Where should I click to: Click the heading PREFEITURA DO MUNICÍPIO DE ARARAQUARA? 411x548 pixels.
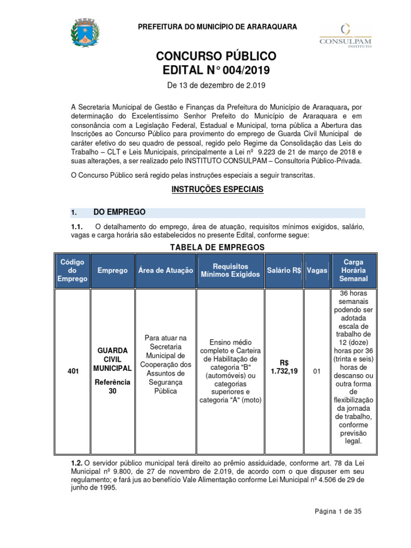coord(217,27)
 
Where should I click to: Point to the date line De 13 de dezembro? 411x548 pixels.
coord(217,85)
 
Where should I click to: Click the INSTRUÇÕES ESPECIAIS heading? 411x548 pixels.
coord(217,189)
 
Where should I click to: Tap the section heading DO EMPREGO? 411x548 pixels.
coord(119,212)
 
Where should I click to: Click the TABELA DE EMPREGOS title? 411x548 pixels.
coord(217,247)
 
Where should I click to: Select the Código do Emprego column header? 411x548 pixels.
coord(72,270)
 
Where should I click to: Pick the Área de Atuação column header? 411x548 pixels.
coord(165,270)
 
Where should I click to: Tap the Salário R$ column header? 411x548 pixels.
coord(284,270)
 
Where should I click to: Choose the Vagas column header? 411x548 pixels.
coord(317,270)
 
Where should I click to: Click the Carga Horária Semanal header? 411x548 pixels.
coord(353,270)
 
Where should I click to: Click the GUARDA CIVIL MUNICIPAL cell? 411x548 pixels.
coord(112,359)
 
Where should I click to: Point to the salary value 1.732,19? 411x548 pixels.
coord(284,371)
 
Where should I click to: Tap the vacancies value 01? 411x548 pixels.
coord(316,371)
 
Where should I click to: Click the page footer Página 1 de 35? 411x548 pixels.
coord(338,511)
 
